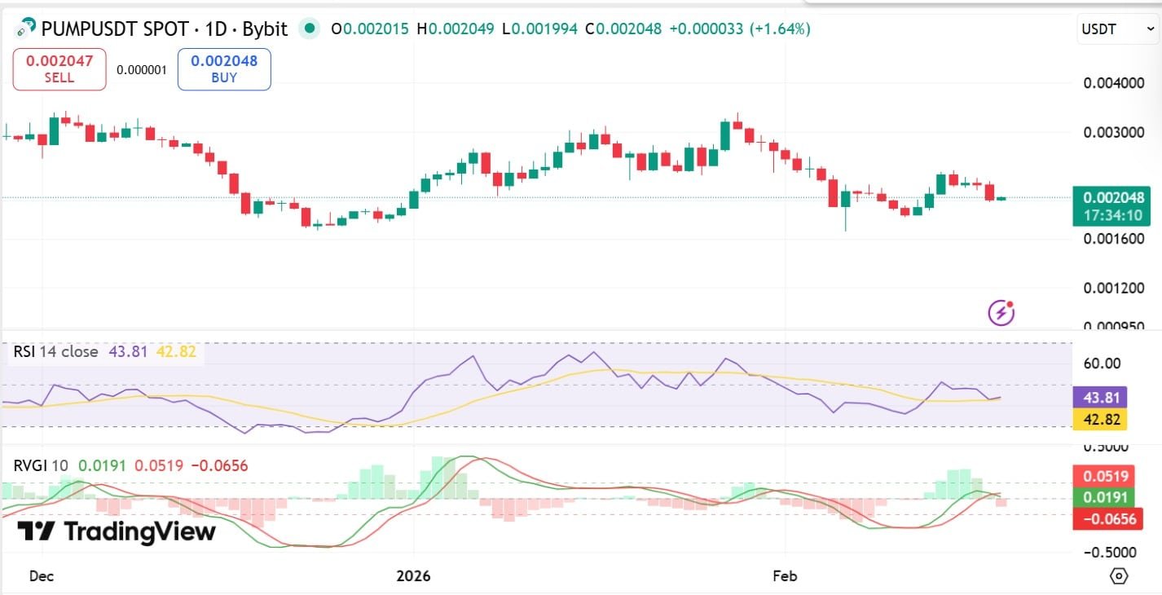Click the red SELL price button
(59, 68)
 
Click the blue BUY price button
(224, 68)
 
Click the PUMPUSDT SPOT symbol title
(164, 29)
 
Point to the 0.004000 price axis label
(1113, 83)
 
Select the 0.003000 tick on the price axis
(1113, 132)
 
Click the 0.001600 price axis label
(1113, 239)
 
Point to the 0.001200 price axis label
(1113, 288)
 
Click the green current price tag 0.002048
(1113, 206)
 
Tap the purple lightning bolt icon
(1001, 312)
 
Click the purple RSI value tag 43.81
(1100, 398)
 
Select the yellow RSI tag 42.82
(1100, 420)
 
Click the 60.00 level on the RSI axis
(1103, 364)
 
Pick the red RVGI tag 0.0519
(1100, 476)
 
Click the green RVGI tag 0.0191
(1100, 497)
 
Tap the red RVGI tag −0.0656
(1100, 518)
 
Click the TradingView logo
(117, 531)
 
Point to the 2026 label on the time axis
(413, 575)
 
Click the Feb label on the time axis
(784, 575)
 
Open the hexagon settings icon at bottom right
(1119, 575)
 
